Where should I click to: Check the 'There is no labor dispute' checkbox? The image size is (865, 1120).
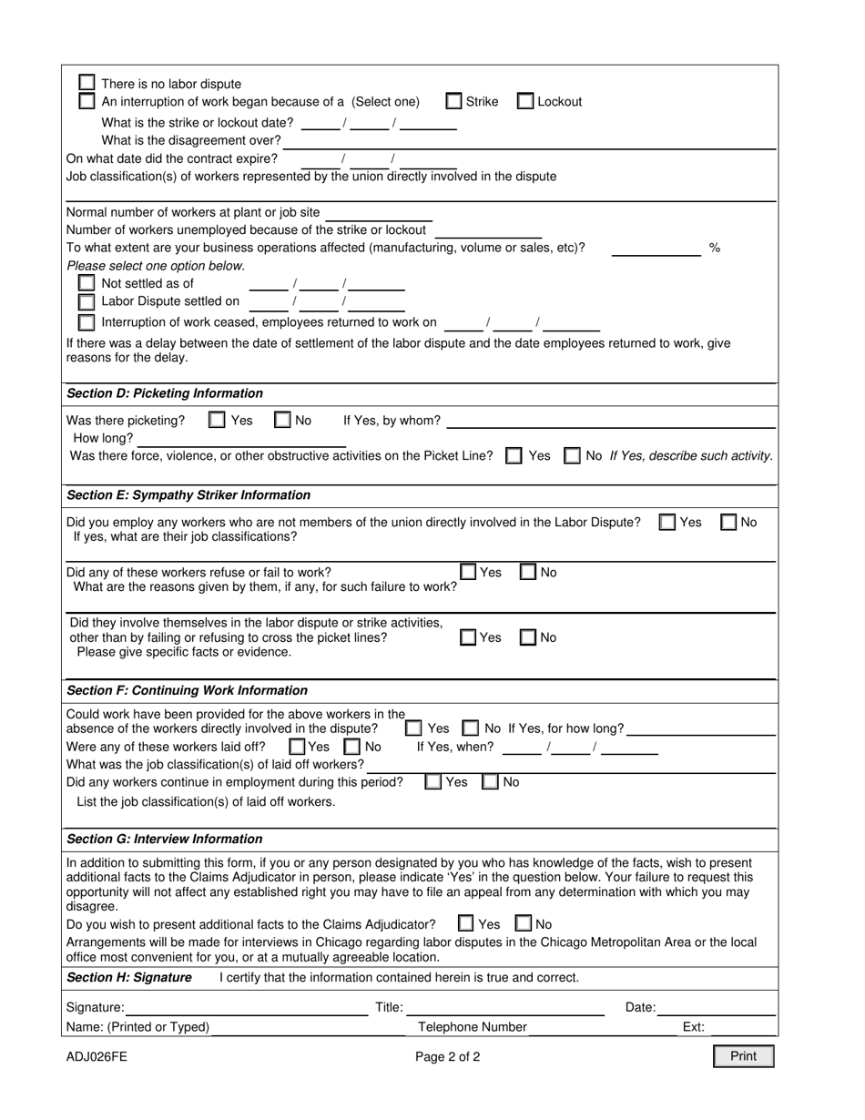pyautogui.click(x=86, y=82)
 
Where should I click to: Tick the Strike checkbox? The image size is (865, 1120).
pyautogui.click(x=453, y=101)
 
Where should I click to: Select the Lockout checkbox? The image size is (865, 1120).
pyautogui.click(x=525, y=101)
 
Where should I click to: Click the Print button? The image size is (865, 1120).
pyautogui.click(x=743, y=1056)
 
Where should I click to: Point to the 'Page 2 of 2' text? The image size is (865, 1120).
pyautogui.click(x=447, y=1057)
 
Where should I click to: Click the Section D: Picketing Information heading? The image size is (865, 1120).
pyautogui.click(x=165, y=393)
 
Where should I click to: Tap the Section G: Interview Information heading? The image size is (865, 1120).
pyautogui.click(x=165, y=839)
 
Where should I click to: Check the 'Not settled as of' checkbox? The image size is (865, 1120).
pyautogui.click(x=86, y=283)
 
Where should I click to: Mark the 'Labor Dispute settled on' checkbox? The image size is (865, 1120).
pyautogui.click(x=86, y=301)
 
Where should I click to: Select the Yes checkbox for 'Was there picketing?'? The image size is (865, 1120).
pyautogui.click(x=217, y=420)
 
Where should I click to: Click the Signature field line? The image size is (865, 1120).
pyautogui.click(x=246, y=1007)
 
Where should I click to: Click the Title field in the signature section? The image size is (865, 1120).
pyautogui.click(x=505, y=1007)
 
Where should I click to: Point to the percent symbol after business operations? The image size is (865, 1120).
pyautogui.click(x=715, y=248)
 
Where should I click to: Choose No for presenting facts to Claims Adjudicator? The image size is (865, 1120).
pyautogui.click(x=524, y=923)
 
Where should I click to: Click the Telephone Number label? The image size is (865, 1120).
pyautogui.click(x=472, y=1027)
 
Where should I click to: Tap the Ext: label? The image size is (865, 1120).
pyautogui.click(x=693, y=1027)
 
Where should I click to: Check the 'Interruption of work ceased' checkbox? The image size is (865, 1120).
pyautogui.click(x=86, y=321)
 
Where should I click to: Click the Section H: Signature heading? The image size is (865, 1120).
pyautogui.click(x=129, y=977)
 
